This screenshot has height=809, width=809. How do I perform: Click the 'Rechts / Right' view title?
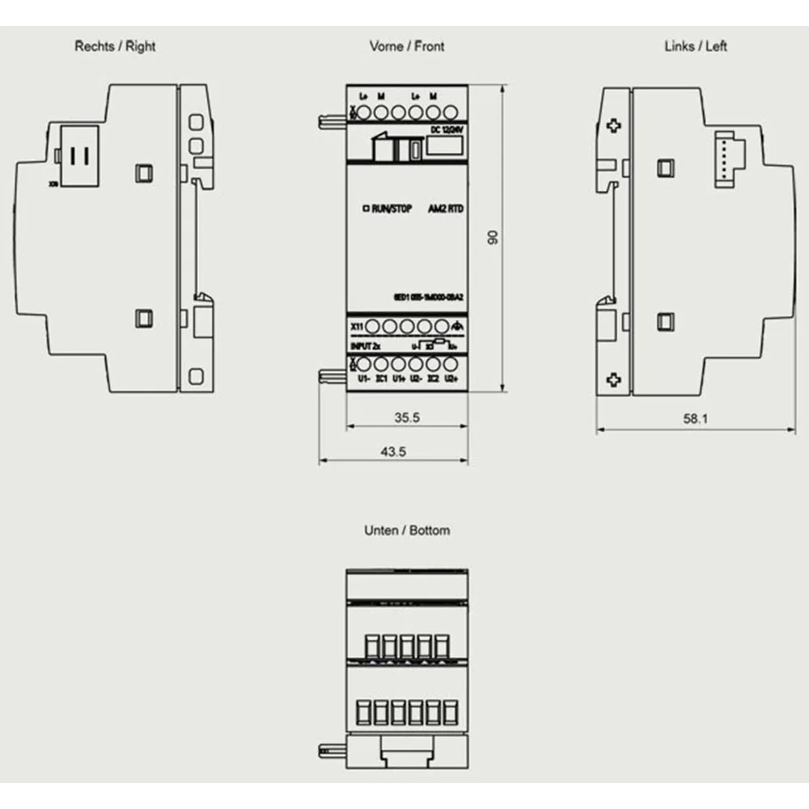[115, 46]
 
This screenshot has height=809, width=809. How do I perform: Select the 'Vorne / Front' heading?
[407, 46]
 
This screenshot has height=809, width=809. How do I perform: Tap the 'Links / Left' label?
[695, 46]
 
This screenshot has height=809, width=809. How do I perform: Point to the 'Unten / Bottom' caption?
[407, 531]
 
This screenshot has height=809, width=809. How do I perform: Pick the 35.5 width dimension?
[407, 418]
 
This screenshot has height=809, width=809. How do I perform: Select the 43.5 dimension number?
[394, 452]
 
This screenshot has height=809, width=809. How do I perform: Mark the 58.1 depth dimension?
[695, 420]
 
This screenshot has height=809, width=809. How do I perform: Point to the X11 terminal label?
[357, 325]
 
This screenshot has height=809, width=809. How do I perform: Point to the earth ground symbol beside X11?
[457, 326]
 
